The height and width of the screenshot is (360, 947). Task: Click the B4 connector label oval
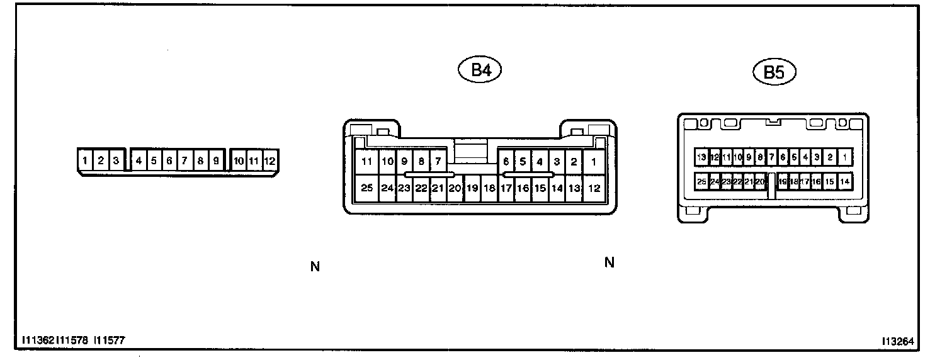[481, 70]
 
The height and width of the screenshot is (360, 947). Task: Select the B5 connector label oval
[774, 73]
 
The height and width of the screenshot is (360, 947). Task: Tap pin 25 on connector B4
[367, 188]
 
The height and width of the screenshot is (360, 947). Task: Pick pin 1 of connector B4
[593, 162]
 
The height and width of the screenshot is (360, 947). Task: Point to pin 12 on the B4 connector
[593, 188]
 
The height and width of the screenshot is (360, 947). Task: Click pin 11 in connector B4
[367, 162]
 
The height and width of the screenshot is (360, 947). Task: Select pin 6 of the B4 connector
[506, 162]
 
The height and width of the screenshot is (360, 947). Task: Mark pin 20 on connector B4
[455, 188]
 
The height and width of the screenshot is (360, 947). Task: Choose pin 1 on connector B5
[844, 157]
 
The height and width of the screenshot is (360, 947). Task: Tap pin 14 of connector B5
[844, 181]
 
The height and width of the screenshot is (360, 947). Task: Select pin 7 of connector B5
[771, 157]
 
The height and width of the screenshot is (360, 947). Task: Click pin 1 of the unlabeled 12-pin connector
[85, 161]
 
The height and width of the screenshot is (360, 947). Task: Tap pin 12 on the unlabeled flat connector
[269, 161]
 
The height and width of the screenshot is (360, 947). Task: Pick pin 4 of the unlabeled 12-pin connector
[139, 161]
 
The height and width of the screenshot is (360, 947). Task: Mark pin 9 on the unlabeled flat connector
[215, 161]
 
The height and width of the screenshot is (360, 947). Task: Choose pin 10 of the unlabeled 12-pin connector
[239, 161]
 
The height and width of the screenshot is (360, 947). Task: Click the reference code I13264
[897, 341]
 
